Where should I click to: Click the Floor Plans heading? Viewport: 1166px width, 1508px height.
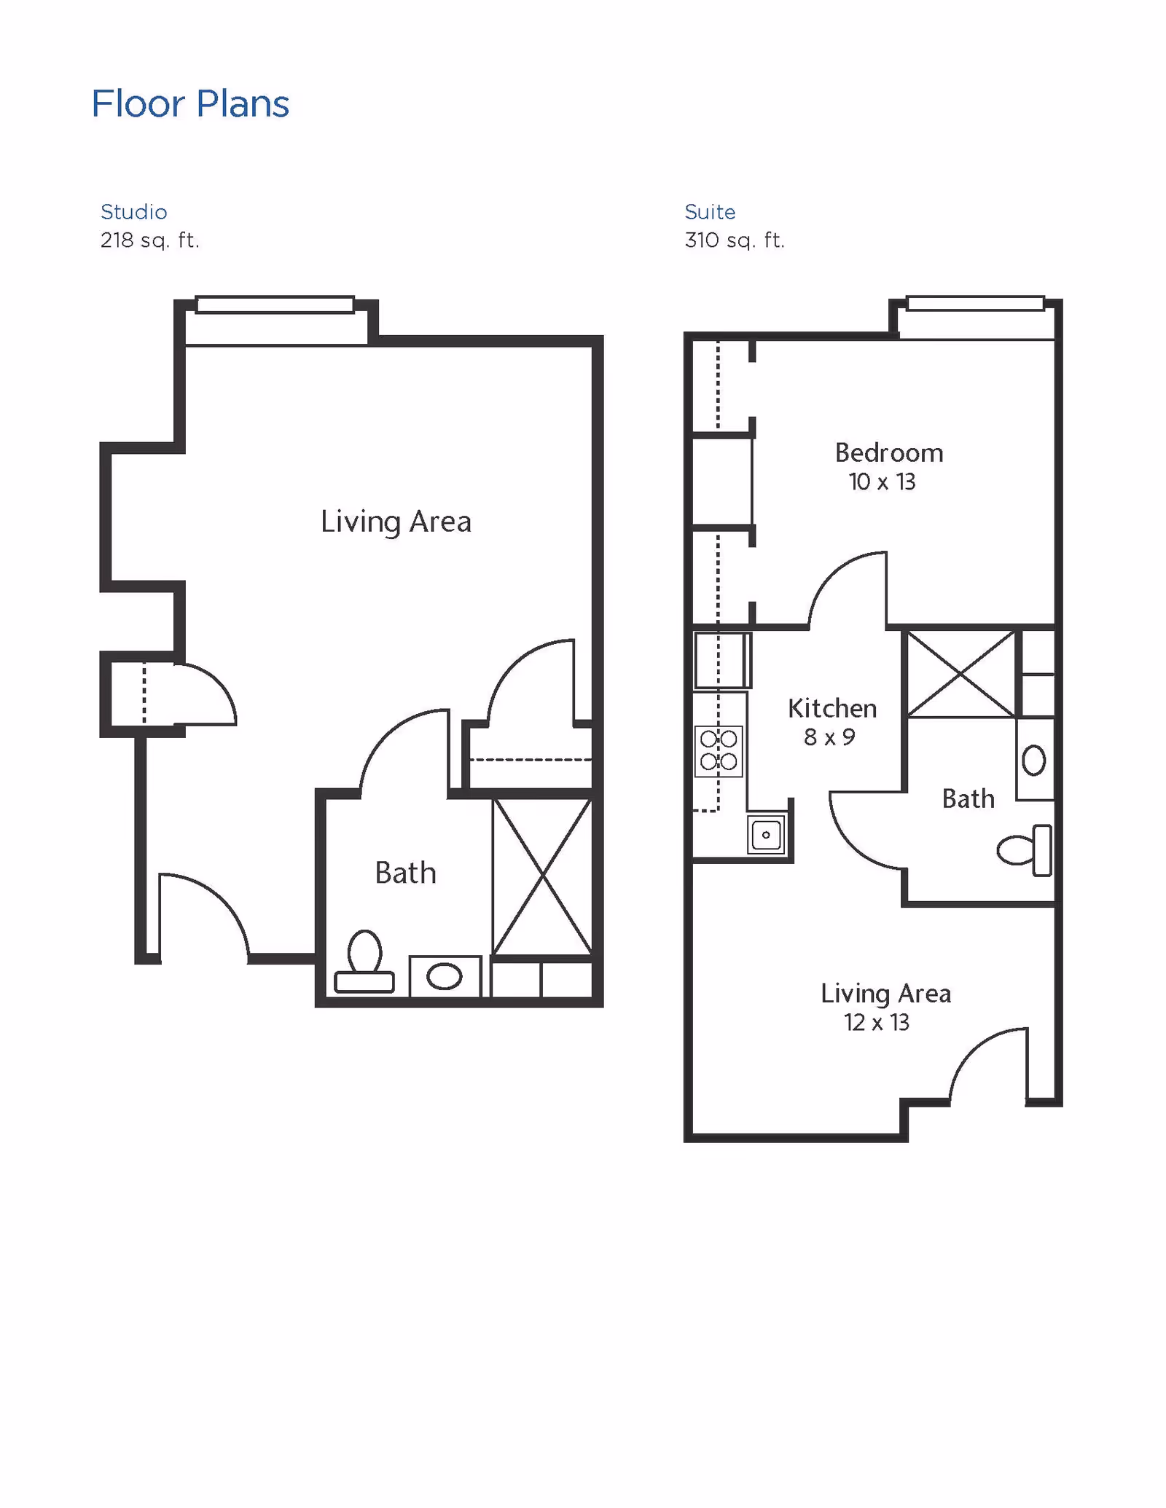point(190,104)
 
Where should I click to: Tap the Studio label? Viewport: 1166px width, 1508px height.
point(134,212)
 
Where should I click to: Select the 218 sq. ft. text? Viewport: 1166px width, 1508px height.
point(149,240)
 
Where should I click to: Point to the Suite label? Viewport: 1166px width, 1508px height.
point(710,212)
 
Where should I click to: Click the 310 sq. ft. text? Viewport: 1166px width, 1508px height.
point(735,240)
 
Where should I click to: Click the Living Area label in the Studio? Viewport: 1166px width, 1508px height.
point(396,522)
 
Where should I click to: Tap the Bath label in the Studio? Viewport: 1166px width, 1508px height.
point(405,873)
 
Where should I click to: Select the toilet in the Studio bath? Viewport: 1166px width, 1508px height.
point(364,962)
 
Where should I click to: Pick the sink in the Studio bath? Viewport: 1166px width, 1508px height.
point(445,976)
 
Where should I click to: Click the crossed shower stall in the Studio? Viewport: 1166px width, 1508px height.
point(542,876)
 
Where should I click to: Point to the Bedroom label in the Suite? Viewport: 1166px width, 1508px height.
point(889,453)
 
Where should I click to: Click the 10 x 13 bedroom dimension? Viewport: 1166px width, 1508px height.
point(882,482)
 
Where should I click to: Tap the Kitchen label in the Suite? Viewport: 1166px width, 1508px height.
point(832,709)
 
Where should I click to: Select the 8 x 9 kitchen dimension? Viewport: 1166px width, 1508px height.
point(829,738)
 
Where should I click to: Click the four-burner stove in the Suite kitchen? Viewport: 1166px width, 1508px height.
point(719,751)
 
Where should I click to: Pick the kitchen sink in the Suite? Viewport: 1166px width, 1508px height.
point(766,835)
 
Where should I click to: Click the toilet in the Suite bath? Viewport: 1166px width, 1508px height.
point(1025,850)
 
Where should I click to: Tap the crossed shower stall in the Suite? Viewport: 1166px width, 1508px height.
point(961,674)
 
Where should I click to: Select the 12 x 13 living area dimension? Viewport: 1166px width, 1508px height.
point(877,1023)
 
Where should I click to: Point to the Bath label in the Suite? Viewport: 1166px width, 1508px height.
point(968,799)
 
